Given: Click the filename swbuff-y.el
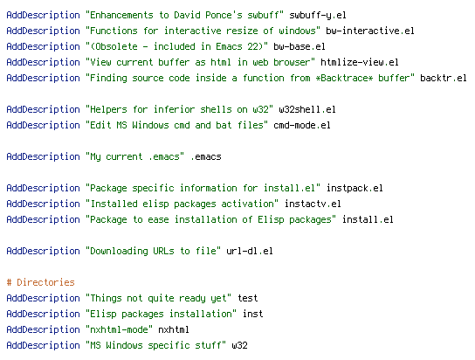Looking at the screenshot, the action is [318, 16].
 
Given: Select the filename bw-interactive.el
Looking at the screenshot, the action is [370, 31].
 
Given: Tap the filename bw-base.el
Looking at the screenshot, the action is [299, 46].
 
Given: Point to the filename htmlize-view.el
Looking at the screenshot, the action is [359, 62].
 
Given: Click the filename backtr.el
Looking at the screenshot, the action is [444, 78].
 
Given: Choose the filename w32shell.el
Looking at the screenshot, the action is [307, 110].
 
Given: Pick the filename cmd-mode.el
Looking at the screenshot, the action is [302, 126].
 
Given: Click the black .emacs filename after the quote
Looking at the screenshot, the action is [206, 157].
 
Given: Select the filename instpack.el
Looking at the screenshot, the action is [355, 188].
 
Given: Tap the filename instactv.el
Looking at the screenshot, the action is [313, 204].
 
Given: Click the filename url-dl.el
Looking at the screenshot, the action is [250, 251].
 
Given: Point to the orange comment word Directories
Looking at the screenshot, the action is [45, 282].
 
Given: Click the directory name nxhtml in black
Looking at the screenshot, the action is [174, 329].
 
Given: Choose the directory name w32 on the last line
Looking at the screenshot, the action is [239, 345].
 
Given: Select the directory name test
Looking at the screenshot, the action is [247, 298].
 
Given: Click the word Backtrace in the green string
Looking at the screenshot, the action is [344, 78].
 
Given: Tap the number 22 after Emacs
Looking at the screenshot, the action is [252, 46].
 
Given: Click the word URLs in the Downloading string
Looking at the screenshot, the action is [163, 251].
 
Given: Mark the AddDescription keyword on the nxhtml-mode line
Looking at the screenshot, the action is [43, 329].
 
